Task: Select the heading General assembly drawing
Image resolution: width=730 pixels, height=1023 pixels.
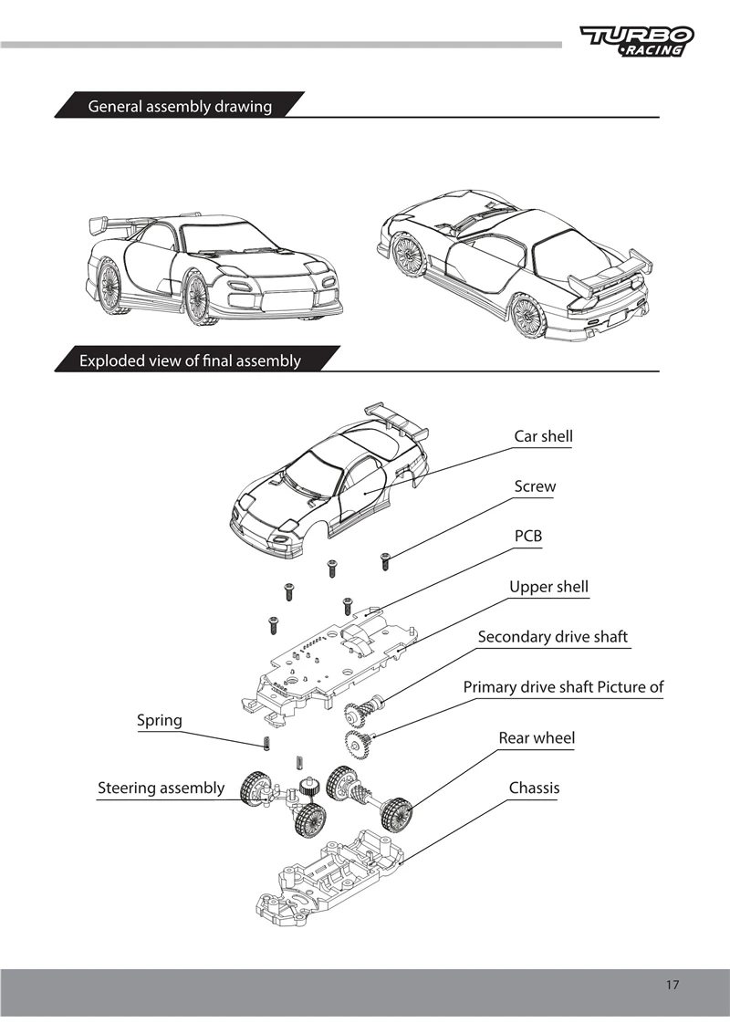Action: pyautogui.click(x=180, y=107)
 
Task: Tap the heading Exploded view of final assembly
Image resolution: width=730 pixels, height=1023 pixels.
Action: pyautogui.click(x=190, y=360)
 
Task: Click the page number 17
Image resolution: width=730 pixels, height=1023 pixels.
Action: pyautogui.click(x=673, y=984)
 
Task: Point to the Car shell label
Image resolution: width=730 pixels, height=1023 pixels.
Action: pyautogui.click(x=543, y=436)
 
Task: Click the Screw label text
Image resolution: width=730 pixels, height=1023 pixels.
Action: pyautogui.click(x=535, y=486)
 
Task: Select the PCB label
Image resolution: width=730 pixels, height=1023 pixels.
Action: pyautogui.click(x=528, y=536)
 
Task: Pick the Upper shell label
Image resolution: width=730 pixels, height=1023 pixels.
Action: pyautogui.click(x=548, y=587)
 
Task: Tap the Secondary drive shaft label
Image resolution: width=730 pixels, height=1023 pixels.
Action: pyautogui.click(x=553, y=637)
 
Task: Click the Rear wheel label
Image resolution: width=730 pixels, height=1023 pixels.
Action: pyautogui.click(x=537, y=737)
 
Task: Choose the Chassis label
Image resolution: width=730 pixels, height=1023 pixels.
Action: pyautogui.click(x=534, y=788)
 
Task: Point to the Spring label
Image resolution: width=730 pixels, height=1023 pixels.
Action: pyautogui.click(x=160, y=720)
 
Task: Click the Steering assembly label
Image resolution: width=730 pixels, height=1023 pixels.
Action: pyautogui.click(x=162, y=788)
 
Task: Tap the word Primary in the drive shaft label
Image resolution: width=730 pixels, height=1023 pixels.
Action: pyautogui.click(x=492, y=687)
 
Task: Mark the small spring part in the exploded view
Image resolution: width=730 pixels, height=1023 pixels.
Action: pyautogui.click(x=266, y=743)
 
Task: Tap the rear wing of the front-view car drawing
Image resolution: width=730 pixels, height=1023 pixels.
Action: pyautogui.click(x=119, y=223)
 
